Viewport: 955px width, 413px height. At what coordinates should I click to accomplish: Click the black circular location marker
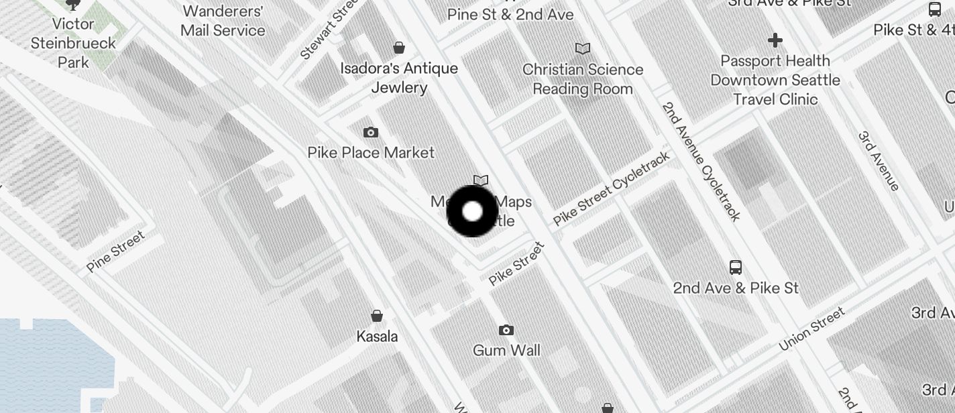[472, 211]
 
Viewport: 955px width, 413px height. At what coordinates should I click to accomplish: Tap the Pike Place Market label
[371, 153]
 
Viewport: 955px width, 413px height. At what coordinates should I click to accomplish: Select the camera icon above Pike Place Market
[371, 133]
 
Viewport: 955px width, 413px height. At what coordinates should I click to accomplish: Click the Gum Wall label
[506, 350]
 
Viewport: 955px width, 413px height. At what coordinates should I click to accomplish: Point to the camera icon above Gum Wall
[506, 330]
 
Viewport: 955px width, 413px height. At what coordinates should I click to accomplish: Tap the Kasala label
[377, 337]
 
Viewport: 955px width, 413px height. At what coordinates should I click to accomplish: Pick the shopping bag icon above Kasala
[377, 316]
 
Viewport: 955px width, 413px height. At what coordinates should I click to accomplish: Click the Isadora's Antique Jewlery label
[399, 78]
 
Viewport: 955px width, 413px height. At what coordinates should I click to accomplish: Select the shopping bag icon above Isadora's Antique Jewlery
[399, 48]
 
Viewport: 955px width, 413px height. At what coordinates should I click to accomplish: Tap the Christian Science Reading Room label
[582, 79]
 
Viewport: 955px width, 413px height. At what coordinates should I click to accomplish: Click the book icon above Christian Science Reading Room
[583, 48]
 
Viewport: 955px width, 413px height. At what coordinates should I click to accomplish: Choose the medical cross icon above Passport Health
[775, 40]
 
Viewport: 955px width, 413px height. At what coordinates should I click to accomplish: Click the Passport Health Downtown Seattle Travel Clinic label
[775, 80]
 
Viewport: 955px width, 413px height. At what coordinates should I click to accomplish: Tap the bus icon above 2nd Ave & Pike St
[736, 268]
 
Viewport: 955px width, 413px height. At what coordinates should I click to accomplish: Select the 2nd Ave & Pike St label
[736, 288]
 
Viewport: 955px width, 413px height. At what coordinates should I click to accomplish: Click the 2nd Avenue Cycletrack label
[701, 161]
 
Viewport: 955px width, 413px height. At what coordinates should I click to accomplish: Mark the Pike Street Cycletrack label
[611, 188]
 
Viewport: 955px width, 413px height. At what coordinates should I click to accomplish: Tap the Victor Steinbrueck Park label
[73, 43]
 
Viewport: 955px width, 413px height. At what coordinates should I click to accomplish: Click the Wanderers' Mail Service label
[223, 21]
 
